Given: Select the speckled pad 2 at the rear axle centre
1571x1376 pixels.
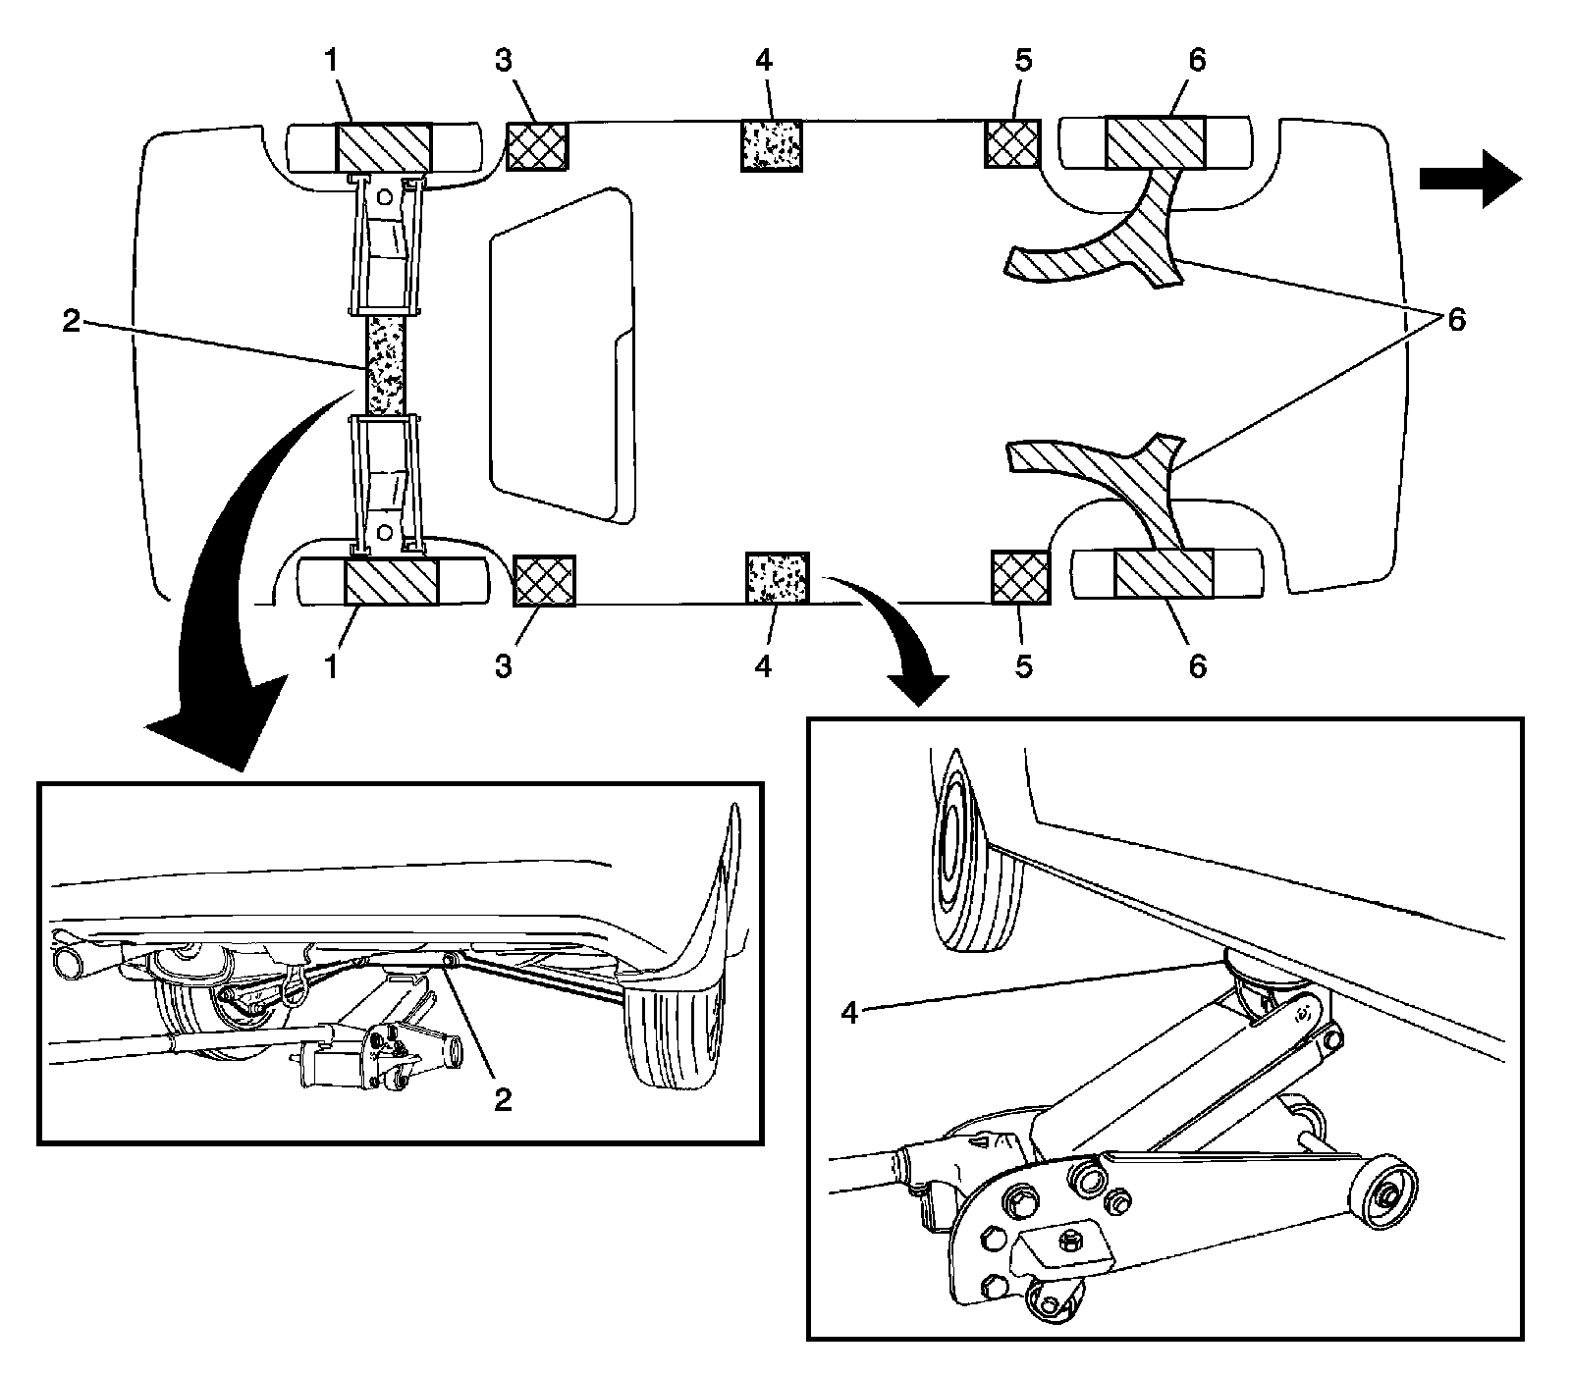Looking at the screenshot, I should tap(385, 364).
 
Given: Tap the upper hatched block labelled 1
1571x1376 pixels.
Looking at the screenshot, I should tap(383, 147).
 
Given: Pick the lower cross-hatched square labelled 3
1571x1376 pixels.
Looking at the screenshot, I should tap(544, 579).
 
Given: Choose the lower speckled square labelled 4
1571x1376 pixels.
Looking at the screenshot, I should tap(778, 576).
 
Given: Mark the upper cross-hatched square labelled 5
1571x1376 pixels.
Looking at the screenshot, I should tap(1011, 143).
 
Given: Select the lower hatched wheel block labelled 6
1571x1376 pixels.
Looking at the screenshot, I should tap(1164, 573).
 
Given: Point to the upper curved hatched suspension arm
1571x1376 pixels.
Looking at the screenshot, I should tap(1110, 245).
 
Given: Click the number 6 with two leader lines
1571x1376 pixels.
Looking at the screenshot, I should tap(1455, 320).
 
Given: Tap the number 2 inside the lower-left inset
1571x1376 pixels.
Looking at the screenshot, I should tap(503, 1100).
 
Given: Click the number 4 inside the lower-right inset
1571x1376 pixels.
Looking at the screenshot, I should tap(850, 1013).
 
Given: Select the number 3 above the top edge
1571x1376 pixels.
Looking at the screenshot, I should tap(503, 61).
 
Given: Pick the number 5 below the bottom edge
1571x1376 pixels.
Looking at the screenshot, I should tap(1023, 665).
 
